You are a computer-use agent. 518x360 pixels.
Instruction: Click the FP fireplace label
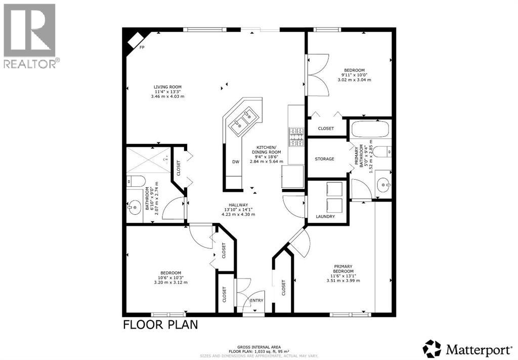143,47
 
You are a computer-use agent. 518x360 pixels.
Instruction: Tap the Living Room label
167,87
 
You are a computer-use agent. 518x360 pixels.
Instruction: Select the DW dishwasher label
235,162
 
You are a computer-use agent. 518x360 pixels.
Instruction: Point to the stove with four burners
296,136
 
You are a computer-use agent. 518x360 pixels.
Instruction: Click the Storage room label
324,159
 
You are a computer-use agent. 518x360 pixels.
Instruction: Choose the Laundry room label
325,216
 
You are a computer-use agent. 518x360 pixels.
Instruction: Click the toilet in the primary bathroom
386,151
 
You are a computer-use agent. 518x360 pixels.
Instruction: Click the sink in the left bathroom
135,207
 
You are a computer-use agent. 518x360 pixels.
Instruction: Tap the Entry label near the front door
257,301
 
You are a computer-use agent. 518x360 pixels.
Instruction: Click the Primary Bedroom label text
343,269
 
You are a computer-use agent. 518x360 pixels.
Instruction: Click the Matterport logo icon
432,349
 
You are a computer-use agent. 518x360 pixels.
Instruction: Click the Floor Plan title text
160,324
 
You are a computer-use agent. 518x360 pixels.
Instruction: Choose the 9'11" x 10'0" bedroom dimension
354,75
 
